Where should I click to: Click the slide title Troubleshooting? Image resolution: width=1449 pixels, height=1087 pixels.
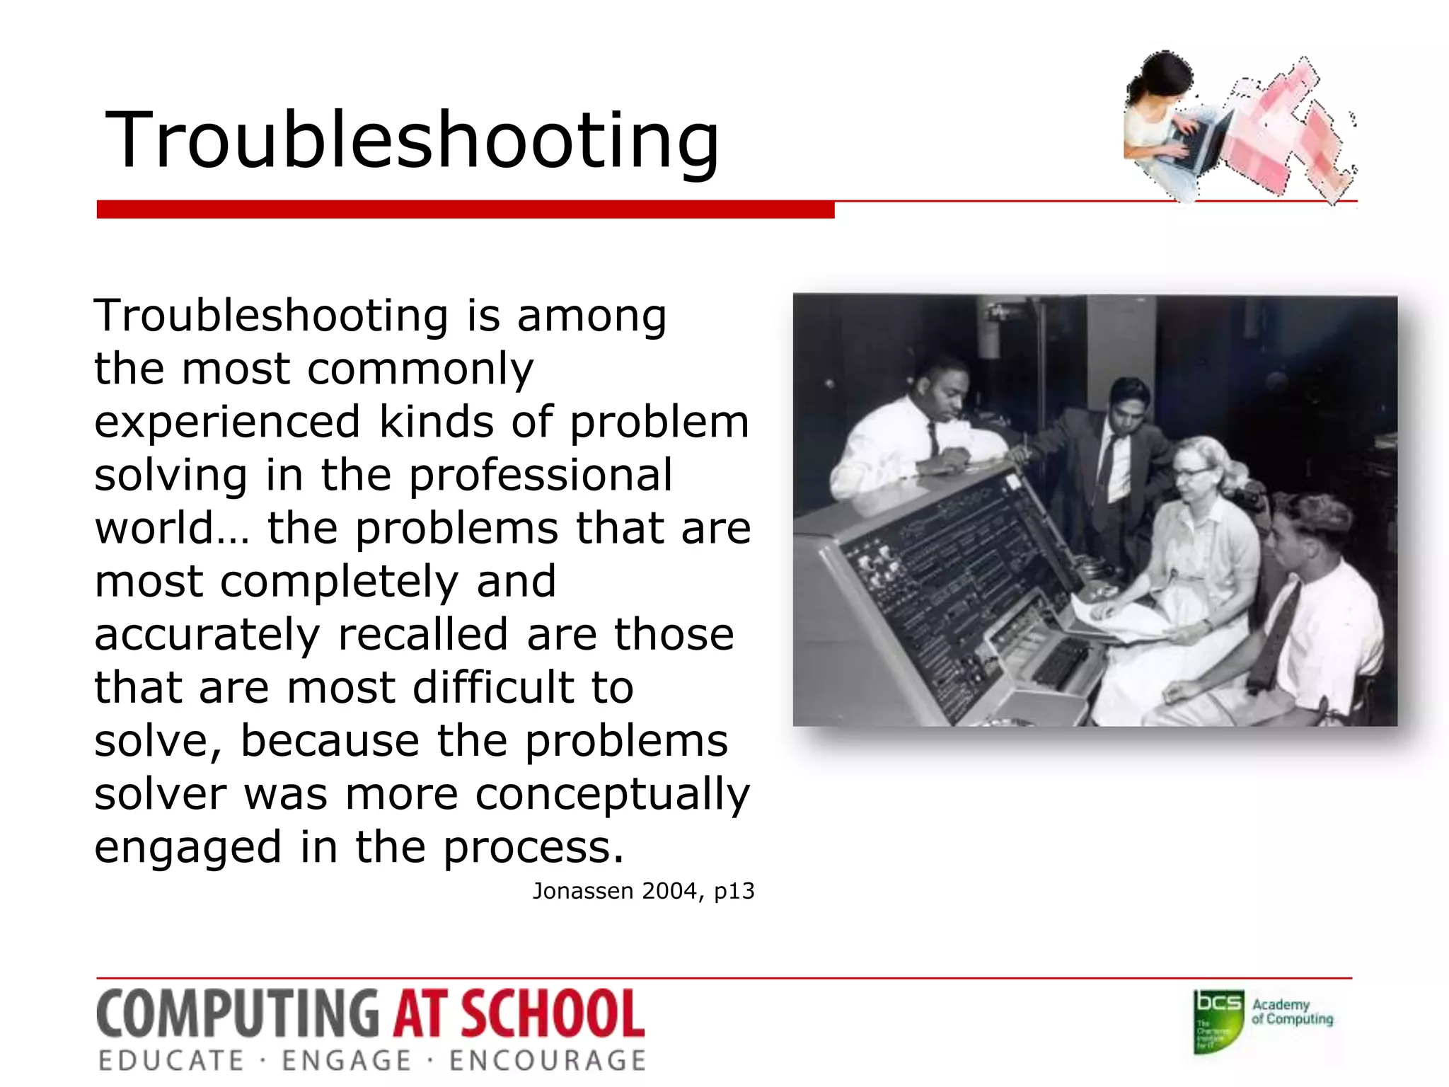pos(412,140)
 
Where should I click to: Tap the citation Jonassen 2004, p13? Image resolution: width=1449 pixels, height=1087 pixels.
pos(643,891)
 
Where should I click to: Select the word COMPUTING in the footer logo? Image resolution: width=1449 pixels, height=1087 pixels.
pos(238,1013)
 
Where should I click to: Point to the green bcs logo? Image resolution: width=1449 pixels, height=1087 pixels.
pos(1218,1021)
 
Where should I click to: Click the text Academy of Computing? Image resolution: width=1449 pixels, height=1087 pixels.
pos(1292,1012)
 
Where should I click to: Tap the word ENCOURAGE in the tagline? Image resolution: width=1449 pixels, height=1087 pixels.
pos(548,1061)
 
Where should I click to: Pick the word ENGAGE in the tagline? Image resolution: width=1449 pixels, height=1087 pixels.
pos(347,1061)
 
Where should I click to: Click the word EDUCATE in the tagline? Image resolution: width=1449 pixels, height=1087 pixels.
pos(171,1061)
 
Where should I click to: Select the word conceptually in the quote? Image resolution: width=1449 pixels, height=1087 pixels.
pos(612,794)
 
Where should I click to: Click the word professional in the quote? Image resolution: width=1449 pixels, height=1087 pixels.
pos(541,475)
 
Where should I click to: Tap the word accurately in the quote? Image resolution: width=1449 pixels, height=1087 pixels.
pos(207,635)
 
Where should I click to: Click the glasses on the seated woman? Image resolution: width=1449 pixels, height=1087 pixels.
pos(1191,472)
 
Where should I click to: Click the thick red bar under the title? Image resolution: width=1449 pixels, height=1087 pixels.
pos(466,209)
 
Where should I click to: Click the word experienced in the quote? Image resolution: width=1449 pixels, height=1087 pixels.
pos(227,422)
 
